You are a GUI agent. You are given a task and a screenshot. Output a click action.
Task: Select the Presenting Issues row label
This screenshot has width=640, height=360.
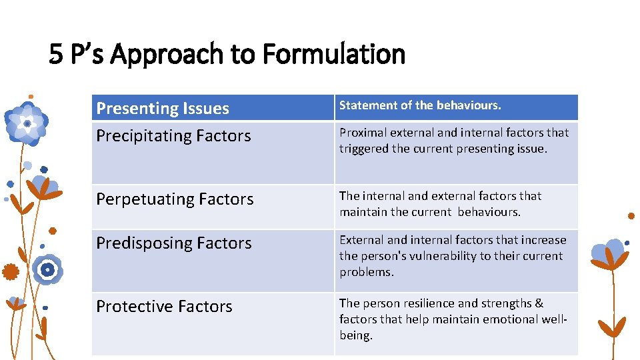163,108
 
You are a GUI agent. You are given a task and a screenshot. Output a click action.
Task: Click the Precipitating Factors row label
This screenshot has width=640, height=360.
173,136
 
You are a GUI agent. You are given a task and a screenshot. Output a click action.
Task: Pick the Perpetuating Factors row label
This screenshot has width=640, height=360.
175,199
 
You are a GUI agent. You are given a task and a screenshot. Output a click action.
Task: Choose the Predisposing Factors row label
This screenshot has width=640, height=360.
174,243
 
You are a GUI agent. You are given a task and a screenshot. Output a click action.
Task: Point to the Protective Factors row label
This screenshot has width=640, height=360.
164,307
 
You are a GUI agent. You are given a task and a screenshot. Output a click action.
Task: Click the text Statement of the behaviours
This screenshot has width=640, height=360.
420,105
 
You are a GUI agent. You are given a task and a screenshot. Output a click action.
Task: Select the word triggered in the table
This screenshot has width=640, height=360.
364,149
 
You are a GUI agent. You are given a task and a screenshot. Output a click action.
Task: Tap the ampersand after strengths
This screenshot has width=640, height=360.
539,303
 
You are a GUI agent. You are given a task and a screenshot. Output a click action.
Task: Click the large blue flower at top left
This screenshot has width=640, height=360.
27,123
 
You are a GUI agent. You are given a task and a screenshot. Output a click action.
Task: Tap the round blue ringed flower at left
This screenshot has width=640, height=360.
47,269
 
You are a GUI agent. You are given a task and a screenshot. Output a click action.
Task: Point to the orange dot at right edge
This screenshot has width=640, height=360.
631,216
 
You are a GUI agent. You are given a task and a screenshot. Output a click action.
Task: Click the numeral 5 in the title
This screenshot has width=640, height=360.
55,54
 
